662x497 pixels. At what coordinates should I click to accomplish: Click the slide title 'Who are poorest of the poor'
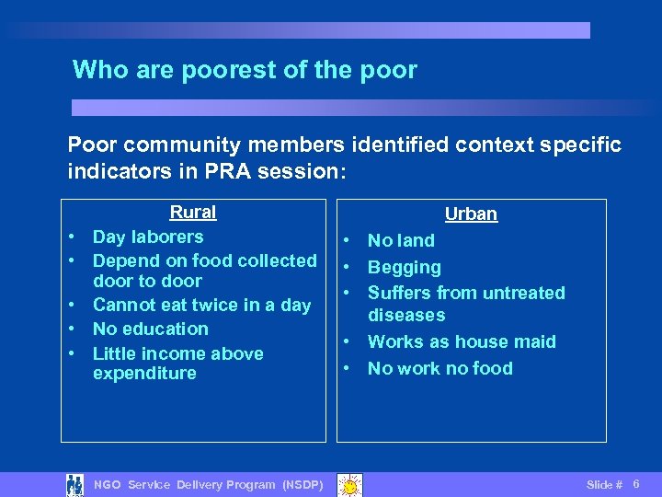pyautogui.click(x=245, y=70)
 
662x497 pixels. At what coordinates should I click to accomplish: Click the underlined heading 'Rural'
pyautogui.click(x=193, y=213)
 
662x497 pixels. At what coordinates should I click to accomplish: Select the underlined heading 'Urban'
pyautogui.click(x=471, y=214)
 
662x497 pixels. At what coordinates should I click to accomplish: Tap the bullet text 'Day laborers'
pyautogui.click(x=148, y=237)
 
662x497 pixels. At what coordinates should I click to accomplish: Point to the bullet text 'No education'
pyautogui.click(x=151, y=329)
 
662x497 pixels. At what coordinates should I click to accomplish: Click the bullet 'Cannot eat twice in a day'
pyautogui.click(x=201, y=305)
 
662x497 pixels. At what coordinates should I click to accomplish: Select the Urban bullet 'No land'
pyautogui.click(x=401, y=241)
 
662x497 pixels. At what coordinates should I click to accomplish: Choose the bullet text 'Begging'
pyautogui.click(x=405, y=268)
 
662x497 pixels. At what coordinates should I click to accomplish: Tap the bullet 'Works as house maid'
pyautogui.click(x=462, y=341)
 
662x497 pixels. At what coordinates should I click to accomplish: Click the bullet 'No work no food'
pyautogui.click(x=440, y=368)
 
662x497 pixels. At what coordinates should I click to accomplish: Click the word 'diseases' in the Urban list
pyautogui.click(x=406, y=315)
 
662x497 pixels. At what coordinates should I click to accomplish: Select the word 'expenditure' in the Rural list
pyautogui.click(x=144, y=373)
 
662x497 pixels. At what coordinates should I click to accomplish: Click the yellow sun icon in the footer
pyautogui.click(x=348, y=484)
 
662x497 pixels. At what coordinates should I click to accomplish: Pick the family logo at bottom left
pyautogui.click(x=74, y=484)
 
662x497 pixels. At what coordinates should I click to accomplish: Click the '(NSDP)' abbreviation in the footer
pyautogui.click(x=302, y=485)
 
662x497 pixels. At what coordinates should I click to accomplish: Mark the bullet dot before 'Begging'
pyautogui.click(x=350, y=268)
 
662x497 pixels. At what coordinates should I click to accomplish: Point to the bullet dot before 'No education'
pyautogui.click(x=71, y=329)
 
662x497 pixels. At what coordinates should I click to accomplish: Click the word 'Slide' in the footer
pyautogui.click(x=599, y=485)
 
